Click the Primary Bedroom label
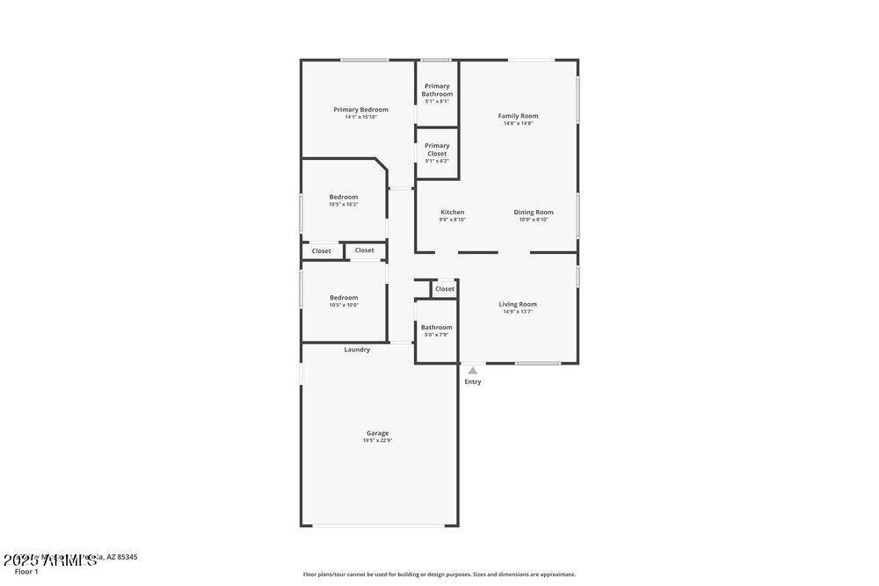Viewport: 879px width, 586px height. coord(360,110)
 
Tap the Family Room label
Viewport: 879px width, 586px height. coord(518,116)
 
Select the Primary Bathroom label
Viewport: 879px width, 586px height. coord(437,90)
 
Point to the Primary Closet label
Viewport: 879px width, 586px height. coord(437,149)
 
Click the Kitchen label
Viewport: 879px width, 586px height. coord(452,212)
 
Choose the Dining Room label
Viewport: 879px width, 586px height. coord(534,212)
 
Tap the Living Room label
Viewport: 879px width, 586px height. coord(518,304)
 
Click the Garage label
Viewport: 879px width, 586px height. coord(377,432)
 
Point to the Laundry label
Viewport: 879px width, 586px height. coord(357,350)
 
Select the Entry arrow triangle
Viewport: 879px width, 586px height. coord(473,371)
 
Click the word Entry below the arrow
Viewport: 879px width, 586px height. coord(473,381)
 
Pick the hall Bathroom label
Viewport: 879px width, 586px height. coord(436,327)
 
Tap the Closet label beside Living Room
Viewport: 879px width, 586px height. coord(445,288)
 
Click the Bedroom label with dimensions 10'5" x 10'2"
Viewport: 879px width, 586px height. coord(344,197)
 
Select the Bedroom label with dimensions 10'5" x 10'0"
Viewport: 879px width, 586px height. coord(344,297)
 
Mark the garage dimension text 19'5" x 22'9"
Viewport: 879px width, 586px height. coord(377,440)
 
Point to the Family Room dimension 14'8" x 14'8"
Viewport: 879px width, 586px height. coord(518,123)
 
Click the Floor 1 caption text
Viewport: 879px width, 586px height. coord(26,572)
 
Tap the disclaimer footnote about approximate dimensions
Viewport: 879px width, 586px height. coord(439,575)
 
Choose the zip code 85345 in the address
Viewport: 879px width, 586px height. coord(127,557)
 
